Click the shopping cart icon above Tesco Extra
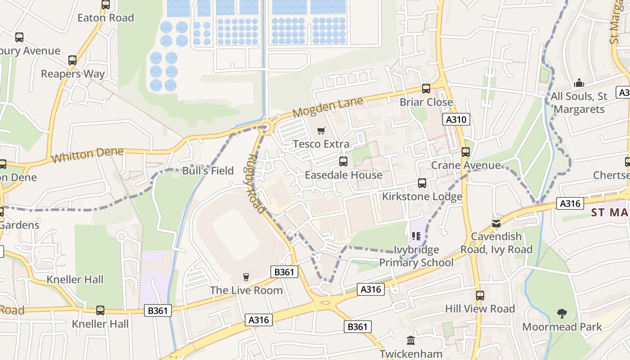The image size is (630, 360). [321, 131]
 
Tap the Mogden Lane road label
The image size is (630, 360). [328, 107]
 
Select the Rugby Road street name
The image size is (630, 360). [255, 184]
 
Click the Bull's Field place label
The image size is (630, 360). [208, 171]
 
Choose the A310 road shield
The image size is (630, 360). [457, 119]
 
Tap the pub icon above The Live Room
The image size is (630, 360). [246, 277]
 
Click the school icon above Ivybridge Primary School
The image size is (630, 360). [416, 236]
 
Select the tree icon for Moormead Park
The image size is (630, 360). [562, 313]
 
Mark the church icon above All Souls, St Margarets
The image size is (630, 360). [579, 83]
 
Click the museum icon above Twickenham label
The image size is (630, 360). [410, 340]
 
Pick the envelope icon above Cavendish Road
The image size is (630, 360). [496, 223]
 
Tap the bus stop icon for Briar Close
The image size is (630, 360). [426, 89]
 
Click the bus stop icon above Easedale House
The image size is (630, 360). [343, 162]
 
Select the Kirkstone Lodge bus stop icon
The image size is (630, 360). [422, 183]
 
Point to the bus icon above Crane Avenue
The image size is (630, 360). [466, 152]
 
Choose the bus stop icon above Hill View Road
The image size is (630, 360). [480, 296]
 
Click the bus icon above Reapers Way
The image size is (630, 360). [72, 60]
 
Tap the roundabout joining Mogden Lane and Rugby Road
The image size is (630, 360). [266, 128]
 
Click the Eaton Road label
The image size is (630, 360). [106, 18]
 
